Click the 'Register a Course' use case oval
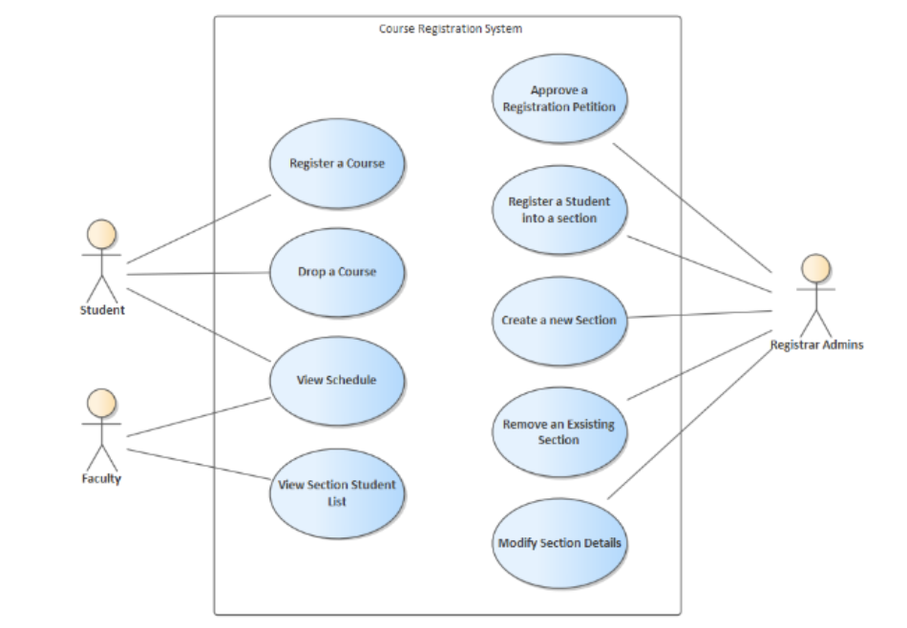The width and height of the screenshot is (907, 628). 337,163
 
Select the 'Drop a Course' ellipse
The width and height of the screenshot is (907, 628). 337,272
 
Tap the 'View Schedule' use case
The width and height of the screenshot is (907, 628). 337,380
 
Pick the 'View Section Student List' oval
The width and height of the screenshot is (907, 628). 337,492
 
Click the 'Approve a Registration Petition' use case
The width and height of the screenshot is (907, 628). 559,99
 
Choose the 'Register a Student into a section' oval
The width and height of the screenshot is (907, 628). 559,210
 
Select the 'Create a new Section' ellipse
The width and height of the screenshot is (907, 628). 559,321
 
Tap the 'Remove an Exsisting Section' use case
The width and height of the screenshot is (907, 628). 559,431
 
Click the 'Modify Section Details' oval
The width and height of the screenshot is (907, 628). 559,543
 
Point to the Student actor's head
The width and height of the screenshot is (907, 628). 102,235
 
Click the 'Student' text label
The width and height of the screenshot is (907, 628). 102,309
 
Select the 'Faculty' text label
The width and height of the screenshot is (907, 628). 101,478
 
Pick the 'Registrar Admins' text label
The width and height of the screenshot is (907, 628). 816,345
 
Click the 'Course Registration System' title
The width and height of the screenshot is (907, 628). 451,29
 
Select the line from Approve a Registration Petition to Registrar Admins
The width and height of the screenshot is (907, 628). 691,206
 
